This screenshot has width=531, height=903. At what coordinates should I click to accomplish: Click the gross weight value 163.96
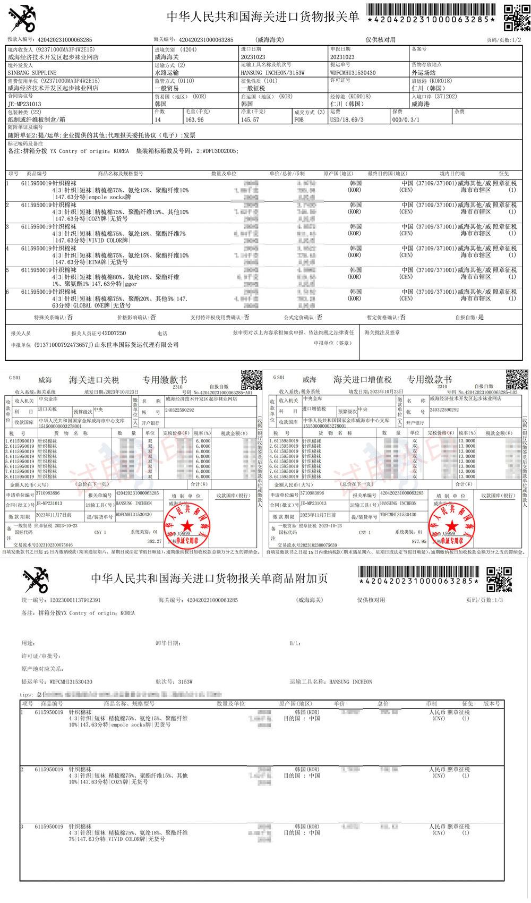click(x=194, y=120)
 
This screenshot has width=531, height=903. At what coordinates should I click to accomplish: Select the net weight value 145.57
click(x=250, y=120)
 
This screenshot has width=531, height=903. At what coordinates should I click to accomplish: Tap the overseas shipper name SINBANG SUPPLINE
click(x=32, y=73)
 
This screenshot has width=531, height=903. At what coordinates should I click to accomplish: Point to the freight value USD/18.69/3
click(x=347, y=120)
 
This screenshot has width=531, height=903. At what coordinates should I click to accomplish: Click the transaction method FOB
click(x=299, y=120)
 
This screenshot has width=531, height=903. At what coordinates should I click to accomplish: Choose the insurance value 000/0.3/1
click(x=406, y=120)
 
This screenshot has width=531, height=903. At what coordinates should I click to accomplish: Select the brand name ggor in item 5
click(x=131, y=284)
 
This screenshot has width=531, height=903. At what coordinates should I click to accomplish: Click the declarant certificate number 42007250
click(x=114, y=333)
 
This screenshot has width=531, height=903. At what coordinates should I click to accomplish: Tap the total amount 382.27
click(x=154, y=541)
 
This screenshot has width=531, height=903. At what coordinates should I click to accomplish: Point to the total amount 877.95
click(x=418, y=541)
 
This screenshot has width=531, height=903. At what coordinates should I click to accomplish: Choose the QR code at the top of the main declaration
click(x=514, y=17)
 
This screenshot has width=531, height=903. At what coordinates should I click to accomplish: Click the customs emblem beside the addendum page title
click(x=36, y=580)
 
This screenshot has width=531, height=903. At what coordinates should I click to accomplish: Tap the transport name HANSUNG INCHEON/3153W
click(x=272, y=73)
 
